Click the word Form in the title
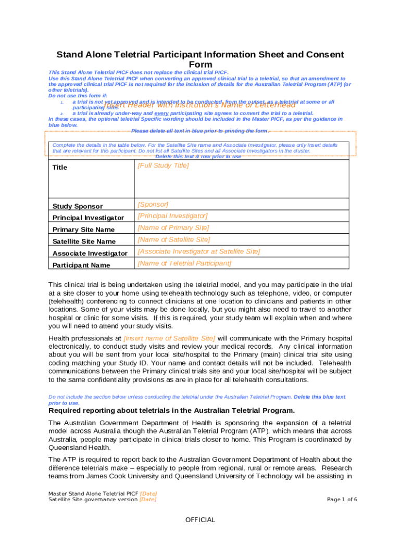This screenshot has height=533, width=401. tap(200, 65)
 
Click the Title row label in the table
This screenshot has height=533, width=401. tap(60, 168)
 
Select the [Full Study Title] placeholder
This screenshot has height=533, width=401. tap(163, 166)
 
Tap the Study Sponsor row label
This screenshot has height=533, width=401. tap(78, 206)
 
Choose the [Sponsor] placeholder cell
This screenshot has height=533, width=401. tap(153, 204)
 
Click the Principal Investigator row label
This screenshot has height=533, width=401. tap(88, 218)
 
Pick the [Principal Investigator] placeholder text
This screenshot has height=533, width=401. tap(172, 215)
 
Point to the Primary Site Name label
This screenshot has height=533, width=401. tap(83, 230)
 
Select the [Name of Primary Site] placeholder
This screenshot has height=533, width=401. tap(173, 227)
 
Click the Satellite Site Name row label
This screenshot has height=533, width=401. tap(84, 242)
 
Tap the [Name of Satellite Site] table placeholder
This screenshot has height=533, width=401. tap(173, 239)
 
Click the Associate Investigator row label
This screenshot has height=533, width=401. tap(90, 253)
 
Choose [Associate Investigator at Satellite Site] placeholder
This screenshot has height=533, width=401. tap(198, 251)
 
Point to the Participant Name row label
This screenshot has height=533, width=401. tap(81, 265)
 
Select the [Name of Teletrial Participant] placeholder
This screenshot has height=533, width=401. tap(184, 263)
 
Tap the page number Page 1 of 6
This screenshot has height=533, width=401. tap(342, 500)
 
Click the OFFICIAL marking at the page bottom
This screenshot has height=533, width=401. tap(200, 520)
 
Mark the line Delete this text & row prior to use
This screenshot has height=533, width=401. tap(198, 157)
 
